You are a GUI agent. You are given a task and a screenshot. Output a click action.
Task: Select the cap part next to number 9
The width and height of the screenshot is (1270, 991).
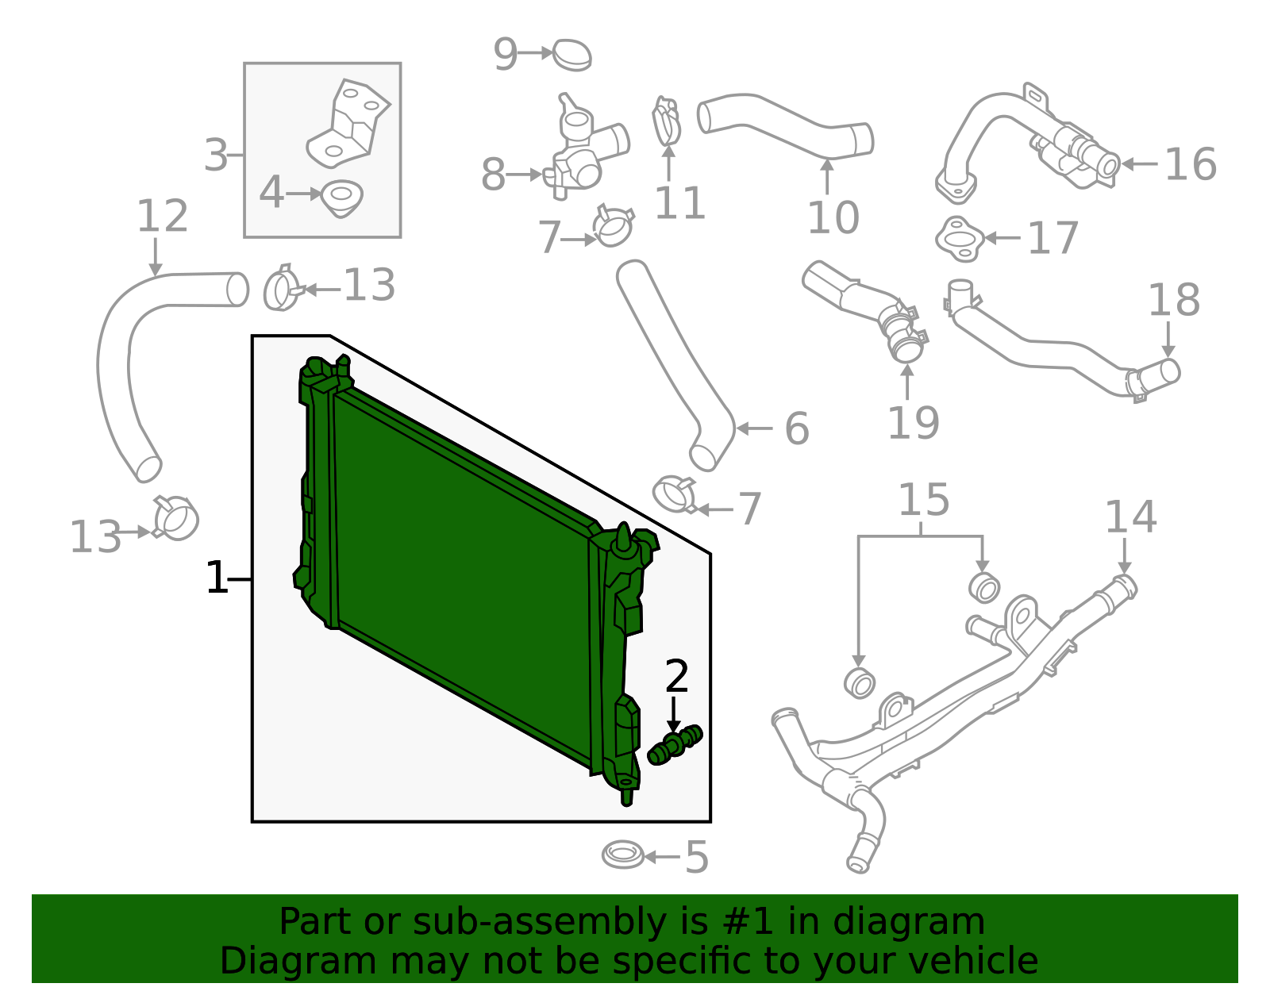[x=571, y=55]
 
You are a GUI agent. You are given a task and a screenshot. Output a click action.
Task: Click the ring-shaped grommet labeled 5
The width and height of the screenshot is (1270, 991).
[x=623, y=855]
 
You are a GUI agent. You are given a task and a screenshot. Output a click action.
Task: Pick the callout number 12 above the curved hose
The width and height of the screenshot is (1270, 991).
[x=162, y=217]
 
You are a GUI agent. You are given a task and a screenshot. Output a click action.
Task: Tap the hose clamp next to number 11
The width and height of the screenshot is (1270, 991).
[x=666, y=121]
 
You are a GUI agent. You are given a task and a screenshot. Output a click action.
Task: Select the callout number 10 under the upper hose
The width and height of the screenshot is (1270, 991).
[x=833, y=217]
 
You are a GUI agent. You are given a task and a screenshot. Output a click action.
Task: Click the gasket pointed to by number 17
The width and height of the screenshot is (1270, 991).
[x=960, y=238]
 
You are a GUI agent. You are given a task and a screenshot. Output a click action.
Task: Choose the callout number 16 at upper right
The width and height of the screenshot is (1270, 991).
[x=1190, y=165]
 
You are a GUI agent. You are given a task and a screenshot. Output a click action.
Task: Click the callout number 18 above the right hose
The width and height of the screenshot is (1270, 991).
[x=1174, y=301]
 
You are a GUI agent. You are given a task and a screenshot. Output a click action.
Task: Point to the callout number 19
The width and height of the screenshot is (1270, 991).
[x=913, y=423]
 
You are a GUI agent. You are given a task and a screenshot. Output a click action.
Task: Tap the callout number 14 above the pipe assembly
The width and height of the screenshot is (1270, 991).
[x=1130, y=517]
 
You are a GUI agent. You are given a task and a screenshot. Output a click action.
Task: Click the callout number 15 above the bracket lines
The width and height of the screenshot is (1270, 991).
[x=923, y=501]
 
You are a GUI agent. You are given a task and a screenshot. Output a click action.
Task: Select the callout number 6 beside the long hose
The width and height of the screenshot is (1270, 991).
[x=796, y=428]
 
